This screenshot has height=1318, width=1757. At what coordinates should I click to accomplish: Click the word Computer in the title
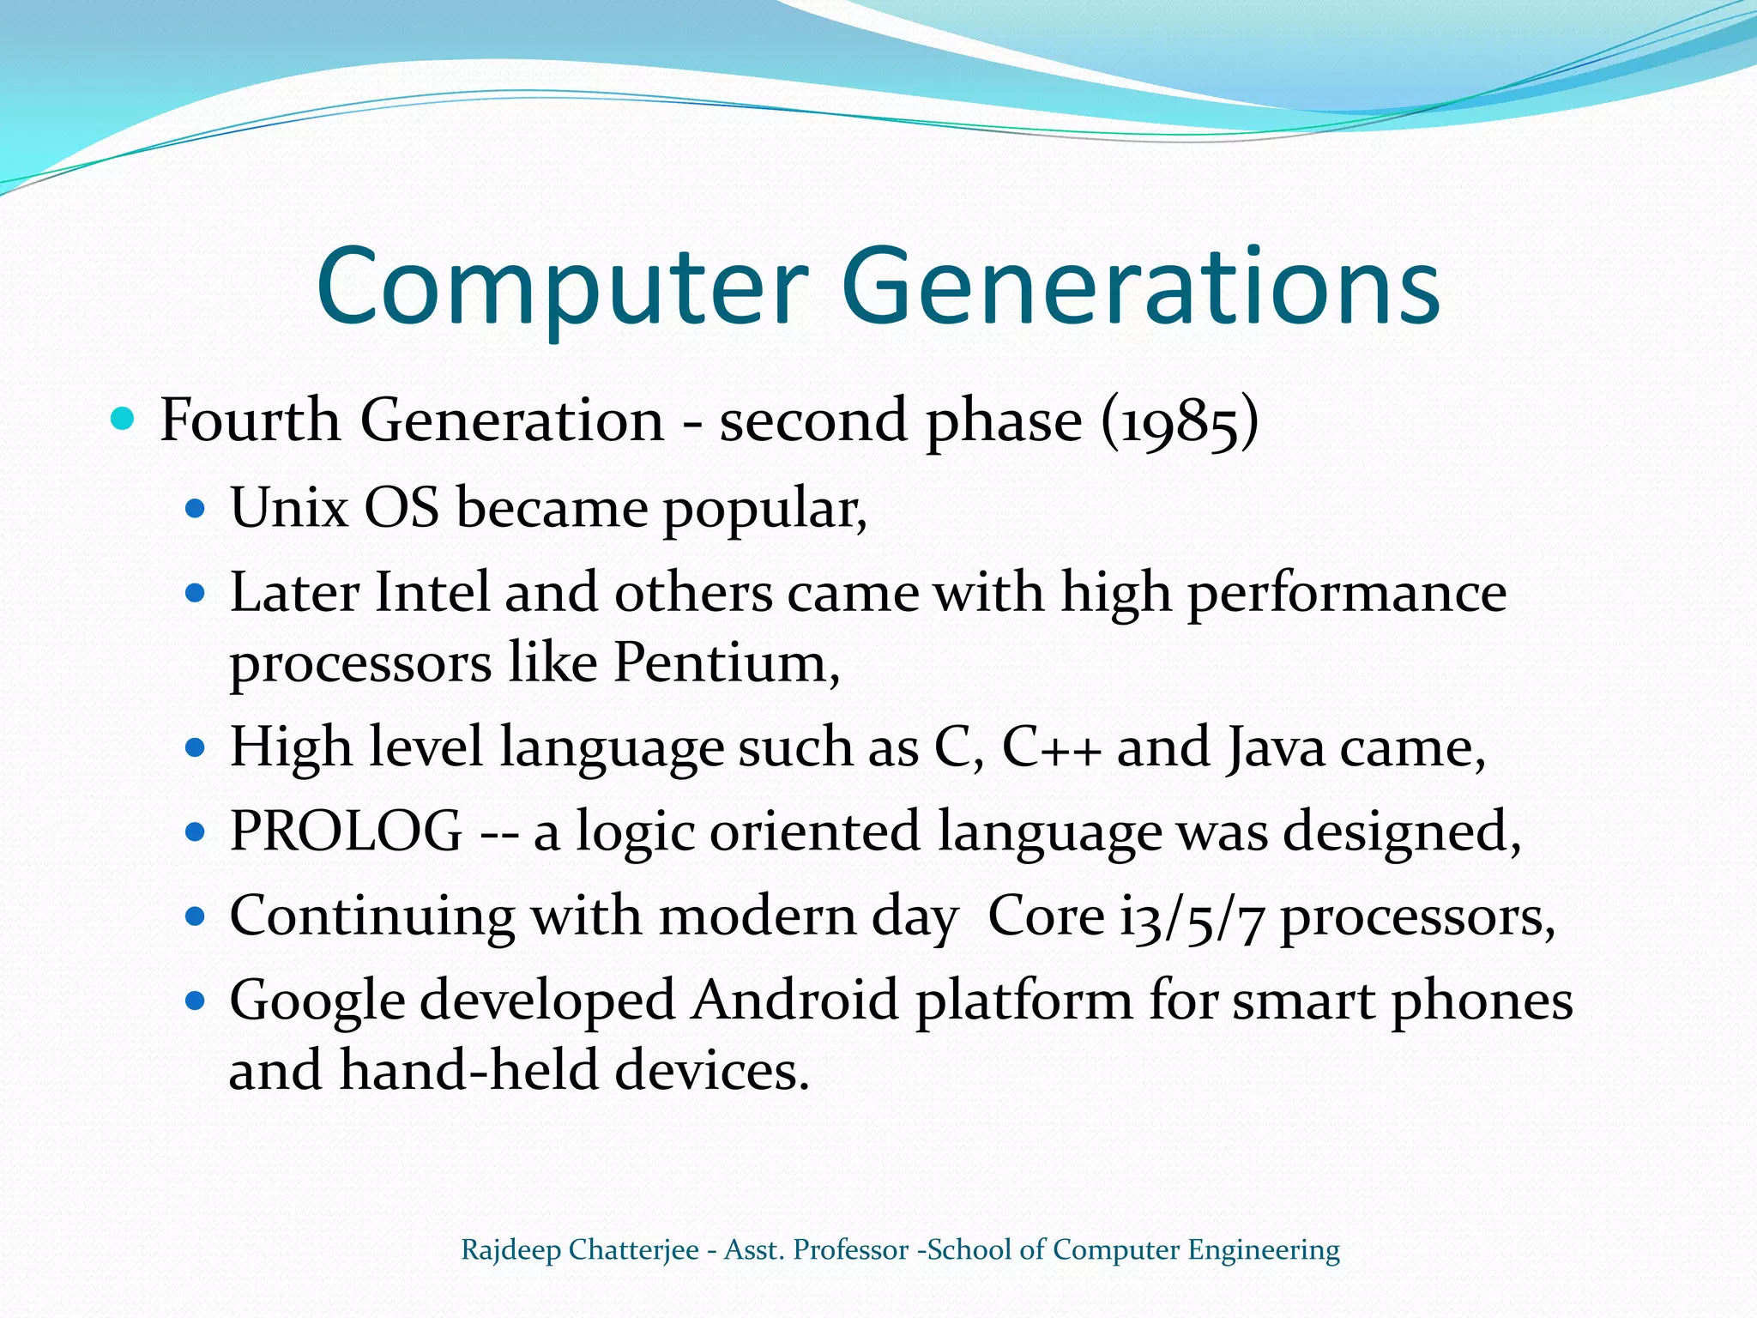pyautogui.click(x=562, y=287)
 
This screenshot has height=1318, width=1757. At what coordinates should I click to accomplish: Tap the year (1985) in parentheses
pyautogui.click(x=1180, y=421)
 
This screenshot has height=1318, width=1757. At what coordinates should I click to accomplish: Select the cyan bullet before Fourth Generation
pyautogui.click(x=124, y=419)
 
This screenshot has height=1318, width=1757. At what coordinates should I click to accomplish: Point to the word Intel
pyautogui.click(x=432, y=593)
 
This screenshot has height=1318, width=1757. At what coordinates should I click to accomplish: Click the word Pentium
pyautogui.click(x=725, y=663)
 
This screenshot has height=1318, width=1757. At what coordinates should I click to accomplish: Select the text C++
pyautogui.click(x=1051, y=747)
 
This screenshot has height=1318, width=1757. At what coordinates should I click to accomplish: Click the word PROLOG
pyautogui.click(x=346, y=831)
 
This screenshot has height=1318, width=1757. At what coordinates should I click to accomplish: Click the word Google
pyautogui.click(x=317, y=1001)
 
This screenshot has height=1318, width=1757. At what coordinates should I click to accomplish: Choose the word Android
pyautogui.click(x=795, y=1001)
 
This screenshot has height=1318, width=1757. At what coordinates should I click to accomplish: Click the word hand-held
pyautogui.click(x=468, y=1071)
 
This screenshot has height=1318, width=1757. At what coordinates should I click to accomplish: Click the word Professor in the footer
pyautogui.click(x=850, y=1250)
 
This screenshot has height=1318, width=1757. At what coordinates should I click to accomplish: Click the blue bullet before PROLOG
pyautogui.click(x=196, y=831)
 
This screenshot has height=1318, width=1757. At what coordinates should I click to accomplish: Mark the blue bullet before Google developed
pyautogui.click(x=196, y=1001)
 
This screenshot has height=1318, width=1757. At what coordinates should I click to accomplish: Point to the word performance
pyautogui.click(x=1346, y=593)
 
